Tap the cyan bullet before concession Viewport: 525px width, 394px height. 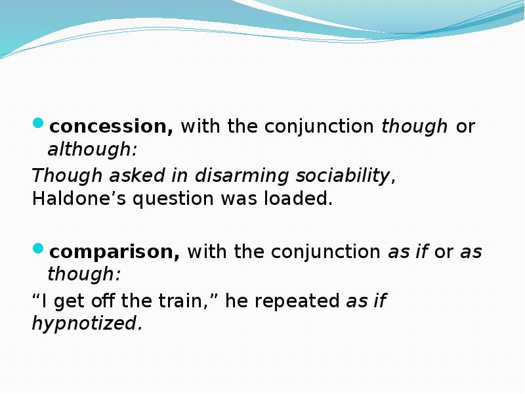point(39,123)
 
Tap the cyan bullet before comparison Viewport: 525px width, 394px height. point(39,249)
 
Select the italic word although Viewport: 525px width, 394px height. point(92,150)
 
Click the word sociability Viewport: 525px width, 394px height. point(343,176)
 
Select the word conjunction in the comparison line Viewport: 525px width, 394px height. point(325,252)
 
